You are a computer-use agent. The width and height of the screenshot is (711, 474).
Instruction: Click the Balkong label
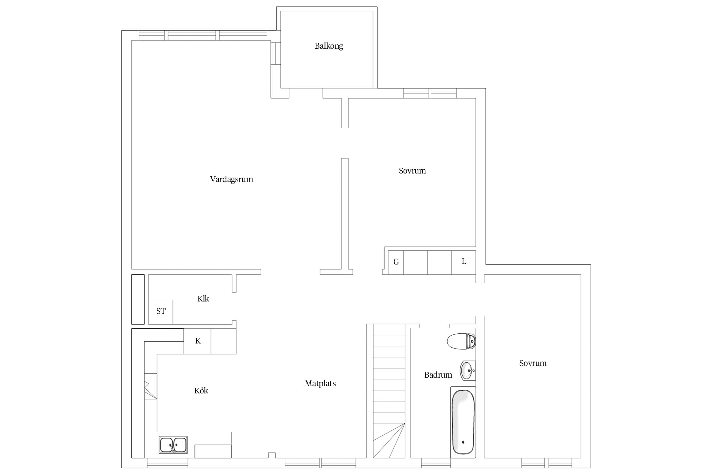(x=329, y=46)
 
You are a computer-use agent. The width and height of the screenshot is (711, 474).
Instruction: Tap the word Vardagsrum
(x=232, y=179)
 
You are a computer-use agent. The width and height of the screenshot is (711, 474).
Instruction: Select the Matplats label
(x=320, y=383)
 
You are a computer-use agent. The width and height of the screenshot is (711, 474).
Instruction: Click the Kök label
(x=201, y=391)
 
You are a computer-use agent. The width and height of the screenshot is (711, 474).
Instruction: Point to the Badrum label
(x=438, y=375)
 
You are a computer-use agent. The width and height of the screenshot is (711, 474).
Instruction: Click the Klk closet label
(x=203, y=299)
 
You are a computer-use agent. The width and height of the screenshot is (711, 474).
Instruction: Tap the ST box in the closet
(x=161, y=312)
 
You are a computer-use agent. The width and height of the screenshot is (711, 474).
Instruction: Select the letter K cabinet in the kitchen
(x=197, y=341)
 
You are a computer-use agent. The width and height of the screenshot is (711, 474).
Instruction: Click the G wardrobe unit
(x=396, y=262)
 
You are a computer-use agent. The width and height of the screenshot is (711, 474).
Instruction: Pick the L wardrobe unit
(x=464, y=262)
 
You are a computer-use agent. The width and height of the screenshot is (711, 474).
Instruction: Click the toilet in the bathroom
(x=461, y=341)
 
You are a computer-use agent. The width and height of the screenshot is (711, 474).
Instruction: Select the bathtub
(x=463, y=422)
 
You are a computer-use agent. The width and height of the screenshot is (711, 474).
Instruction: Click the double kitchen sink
(x=173, y=445)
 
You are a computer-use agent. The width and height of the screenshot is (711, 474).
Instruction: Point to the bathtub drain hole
(x=463, y=442)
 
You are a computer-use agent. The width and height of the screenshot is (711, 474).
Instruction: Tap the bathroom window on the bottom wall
(x=436, y=463)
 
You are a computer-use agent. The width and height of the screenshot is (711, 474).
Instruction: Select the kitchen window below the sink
(x=167, y=463)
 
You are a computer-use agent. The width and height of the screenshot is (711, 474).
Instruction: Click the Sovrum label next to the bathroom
(x=533, y=363)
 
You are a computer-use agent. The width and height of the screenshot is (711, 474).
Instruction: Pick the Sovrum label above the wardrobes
(x=412, y=171)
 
